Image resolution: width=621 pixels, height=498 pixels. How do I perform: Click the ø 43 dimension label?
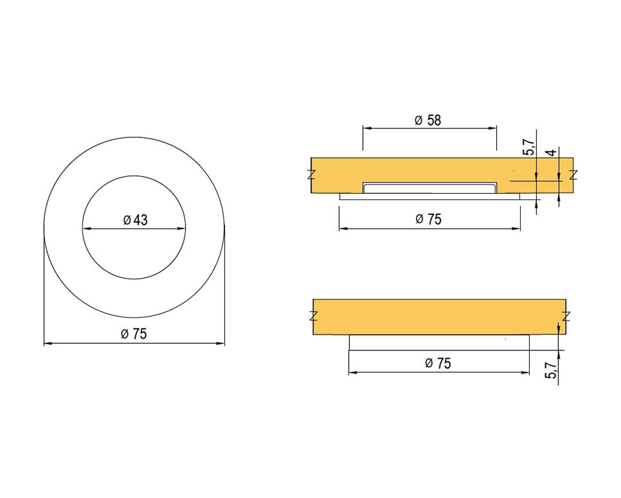pyautogui.click(x=135, y=220)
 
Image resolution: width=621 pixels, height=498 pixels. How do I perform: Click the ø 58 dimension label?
pyautogui.click(x=428, y=120)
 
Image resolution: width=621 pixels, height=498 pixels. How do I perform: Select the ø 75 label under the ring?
pyautogui.click(x=134, y=334)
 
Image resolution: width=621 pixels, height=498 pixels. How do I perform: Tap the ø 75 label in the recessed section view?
pyautogui.click(x=428, y=219)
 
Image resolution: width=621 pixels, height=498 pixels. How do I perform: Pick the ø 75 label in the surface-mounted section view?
pyautogui.click(x=438, y=363)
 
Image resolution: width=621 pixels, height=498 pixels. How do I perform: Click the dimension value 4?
pyautogui.click(x=552, y=152)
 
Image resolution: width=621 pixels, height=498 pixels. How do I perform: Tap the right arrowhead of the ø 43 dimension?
pyautogui.click(x=180, y=229)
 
